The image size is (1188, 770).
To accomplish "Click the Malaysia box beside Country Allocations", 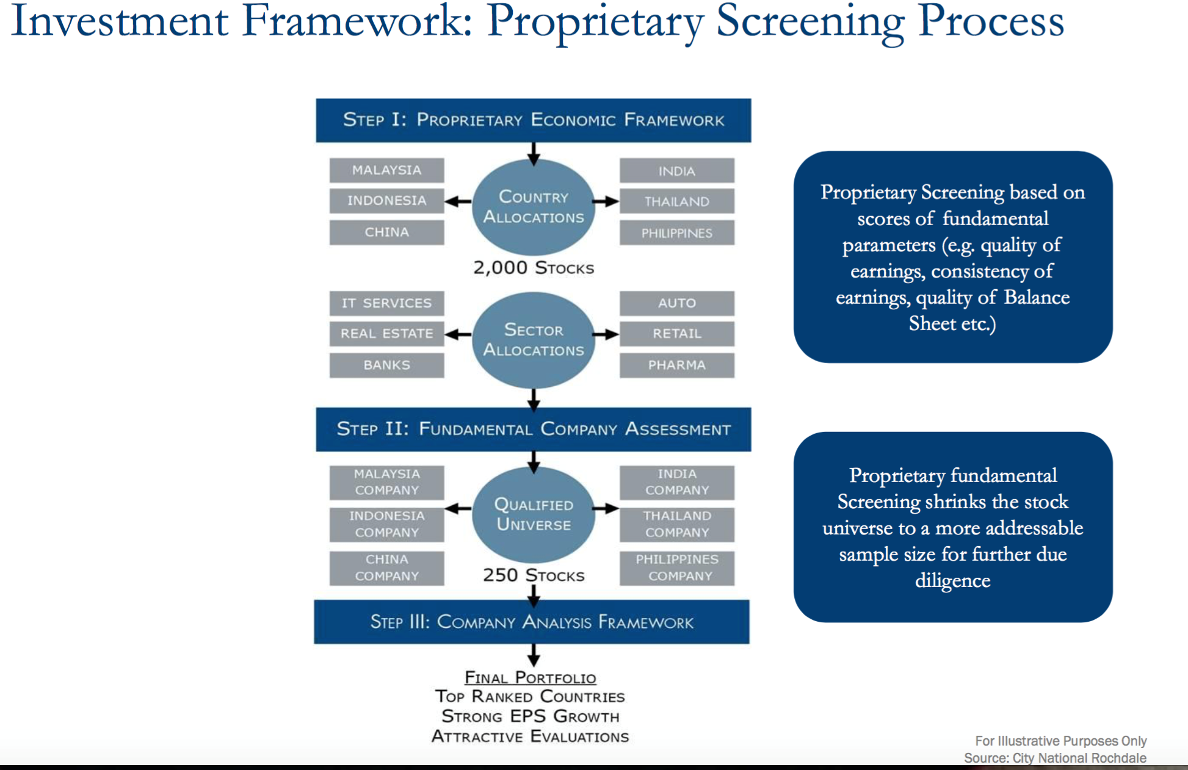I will click(x=386, y=170).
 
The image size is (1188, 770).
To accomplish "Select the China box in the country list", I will click(x=386, y=232).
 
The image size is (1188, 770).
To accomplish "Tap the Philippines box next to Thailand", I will click(x=676, y=233).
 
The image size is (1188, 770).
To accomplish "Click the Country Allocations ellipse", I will click(x=533, y=207).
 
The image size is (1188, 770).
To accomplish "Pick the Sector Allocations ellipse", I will click(x=533, y=340).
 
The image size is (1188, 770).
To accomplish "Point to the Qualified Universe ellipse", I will click(x=533, y=514).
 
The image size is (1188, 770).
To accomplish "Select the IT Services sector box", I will click(x=386, y=303).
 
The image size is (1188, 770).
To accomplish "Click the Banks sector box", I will click(x=386, y=365).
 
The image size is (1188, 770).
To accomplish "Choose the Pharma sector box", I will click(x=676, y=365).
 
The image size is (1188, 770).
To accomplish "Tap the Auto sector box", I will click(x=676, y=303).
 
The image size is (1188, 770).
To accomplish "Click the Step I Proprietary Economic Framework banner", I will click(x=533, y=120).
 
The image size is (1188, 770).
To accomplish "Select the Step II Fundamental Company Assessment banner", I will click(x=533, y=429).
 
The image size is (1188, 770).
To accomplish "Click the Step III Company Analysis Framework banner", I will click(x=532, y=622).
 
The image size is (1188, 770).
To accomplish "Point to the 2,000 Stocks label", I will click(x=533, y=268).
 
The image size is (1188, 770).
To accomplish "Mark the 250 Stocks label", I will click(x=533, y=575).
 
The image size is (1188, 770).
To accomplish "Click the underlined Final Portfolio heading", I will click(x=530, y=678).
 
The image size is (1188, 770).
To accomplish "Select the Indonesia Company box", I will click(x=386, y=524).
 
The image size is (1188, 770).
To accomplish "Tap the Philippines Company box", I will click(x=676, y=568).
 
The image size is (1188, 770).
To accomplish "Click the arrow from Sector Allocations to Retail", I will click(x=606, y=334).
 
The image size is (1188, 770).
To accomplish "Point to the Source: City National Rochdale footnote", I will click(x=1054, y=758).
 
